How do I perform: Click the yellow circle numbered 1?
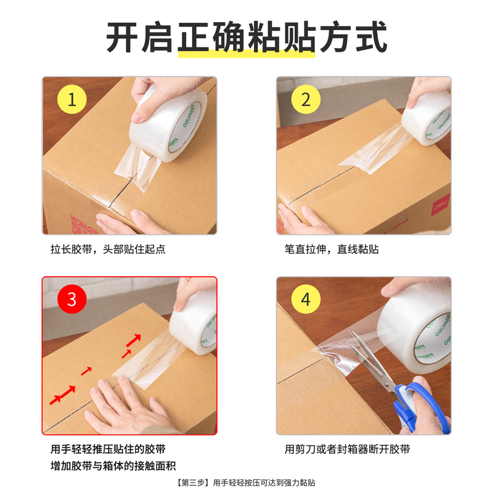72,100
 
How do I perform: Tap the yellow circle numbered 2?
306,100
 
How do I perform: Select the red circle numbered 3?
72,300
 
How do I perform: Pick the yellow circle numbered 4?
306,300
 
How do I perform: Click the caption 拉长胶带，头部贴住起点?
108,250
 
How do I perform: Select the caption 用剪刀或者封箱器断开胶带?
347,449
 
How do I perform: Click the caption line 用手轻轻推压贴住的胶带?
108,449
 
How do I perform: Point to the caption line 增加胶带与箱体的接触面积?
117,466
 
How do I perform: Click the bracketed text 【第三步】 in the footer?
192,483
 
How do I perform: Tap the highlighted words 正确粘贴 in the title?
246,38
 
